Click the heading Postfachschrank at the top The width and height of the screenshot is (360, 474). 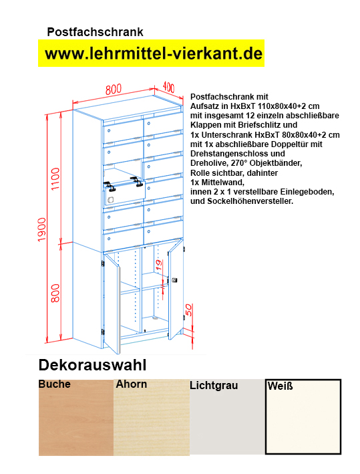[x=95, y=31]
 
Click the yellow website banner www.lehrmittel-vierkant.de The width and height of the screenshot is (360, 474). [x=152, y=53]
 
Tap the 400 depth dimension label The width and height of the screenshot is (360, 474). [x=168, y=87]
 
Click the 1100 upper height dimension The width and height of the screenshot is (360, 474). [x=56, y=179]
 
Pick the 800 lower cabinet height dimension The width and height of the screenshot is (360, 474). [x=56, y=291]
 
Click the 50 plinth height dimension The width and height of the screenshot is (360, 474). [x=190, y=310]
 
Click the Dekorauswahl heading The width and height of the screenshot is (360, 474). [x=92, y=365]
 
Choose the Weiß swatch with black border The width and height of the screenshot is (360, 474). [x=303, y=418]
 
